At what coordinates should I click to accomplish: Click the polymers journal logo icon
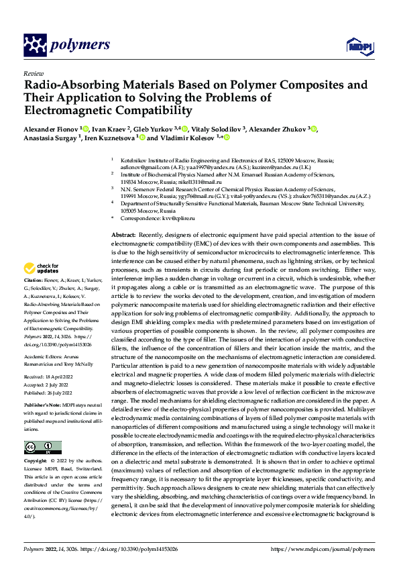pyautogui.click(x=35, y=45)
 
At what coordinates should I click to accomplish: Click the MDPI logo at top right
pyautogui.click(x=357, y=46)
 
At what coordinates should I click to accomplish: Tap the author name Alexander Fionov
pyautogui.click(x=51, y=128)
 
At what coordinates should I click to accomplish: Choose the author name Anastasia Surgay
pyautogui.click(x=50, y=138)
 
